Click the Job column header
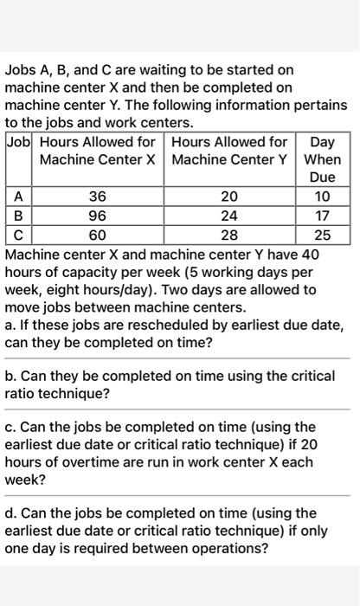coord(20,141)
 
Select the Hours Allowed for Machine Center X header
coord(98,150)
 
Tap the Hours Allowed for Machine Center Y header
coord(229,150)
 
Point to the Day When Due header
coord(322,159)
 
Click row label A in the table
coord(17,197)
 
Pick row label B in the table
coord(17,216)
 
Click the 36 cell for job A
coord(98,197)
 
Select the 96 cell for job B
coord(98,216)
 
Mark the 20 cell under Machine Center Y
coord(228,197)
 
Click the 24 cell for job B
coord(228,216)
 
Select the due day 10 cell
coord(322,197)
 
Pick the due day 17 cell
coord(322,216)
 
